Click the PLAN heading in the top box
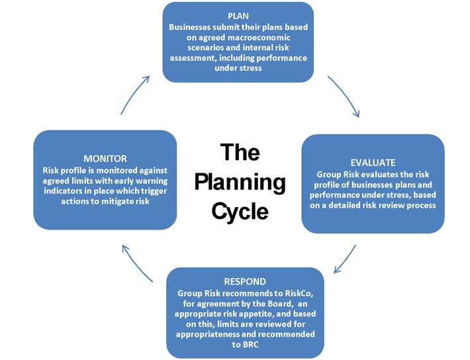[x=238, y=16]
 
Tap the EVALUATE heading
[x=373, y=163]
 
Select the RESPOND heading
[x=245, y=282]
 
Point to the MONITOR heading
[x=105, y=159]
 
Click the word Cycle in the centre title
[x=240, y=211]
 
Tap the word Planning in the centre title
[x=240, y=182]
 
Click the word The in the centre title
[x=240, y=152]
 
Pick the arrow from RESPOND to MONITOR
[x=136, y=262]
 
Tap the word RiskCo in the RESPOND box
[x=299, y=293]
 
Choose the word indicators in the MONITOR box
[x=62, y=191]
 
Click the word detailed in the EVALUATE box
[x=344, y=205]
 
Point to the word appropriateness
[x=207, y=334]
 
